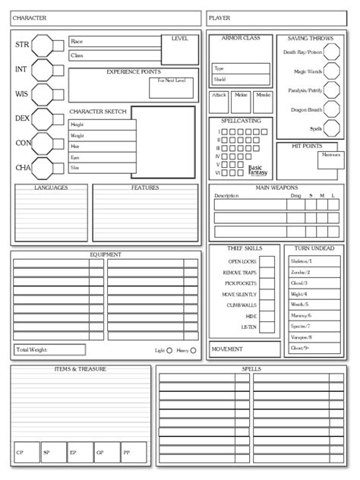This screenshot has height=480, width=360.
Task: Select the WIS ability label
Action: [22, 95]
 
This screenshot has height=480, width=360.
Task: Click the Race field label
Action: [76, 41]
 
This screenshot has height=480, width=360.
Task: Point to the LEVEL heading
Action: [180, 38]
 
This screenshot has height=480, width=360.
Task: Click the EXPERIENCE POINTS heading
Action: [132, 71]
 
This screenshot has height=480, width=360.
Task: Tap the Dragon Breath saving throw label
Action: [306, 110]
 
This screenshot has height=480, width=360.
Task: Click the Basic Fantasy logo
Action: [259, 171]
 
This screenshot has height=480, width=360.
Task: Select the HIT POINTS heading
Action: [307, 146]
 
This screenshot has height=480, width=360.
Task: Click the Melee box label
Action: [242, 95]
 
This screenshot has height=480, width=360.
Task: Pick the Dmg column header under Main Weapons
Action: [295, 196]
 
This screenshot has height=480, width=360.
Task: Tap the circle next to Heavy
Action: [193, 350]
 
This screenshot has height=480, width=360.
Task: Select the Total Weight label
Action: [32, 349]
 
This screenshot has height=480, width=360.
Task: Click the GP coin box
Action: [99, 453]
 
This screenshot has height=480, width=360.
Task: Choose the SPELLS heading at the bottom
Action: [251, 368]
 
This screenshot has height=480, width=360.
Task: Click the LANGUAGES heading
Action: [52, 187]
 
